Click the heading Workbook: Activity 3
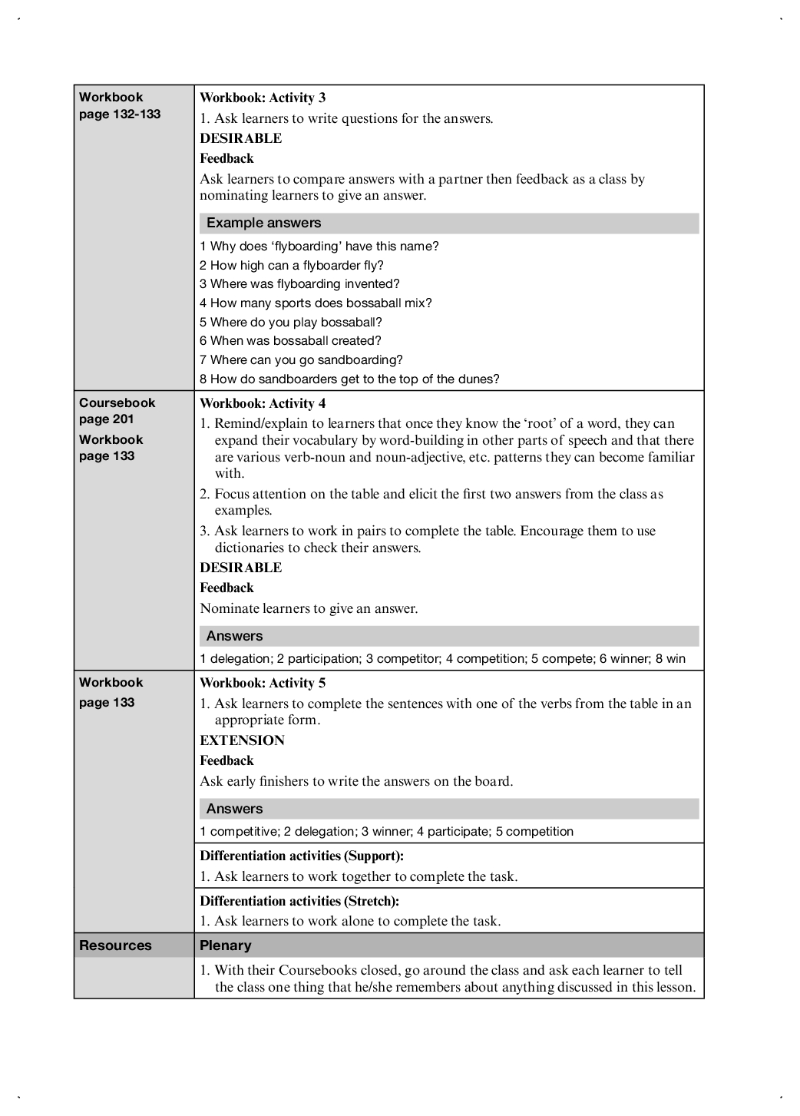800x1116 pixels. [x=263, y=98]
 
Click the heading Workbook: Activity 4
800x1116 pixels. [x=263, y=403]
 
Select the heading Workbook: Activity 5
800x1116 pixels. [x=263, y=683]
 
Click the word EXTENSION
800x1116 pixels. [x=242, y=740]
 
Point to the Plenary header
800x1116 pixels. [x=226, y=945]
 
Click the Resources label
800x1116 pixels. [x=115, y=945]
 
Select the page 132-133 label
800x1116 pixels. [x=120, y=114]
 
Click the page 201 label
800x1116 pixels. [x=106, y=419]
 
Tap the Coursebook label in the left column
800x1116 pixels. [x=117, y=402]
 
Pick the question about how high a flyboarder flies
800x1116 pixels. [x=292, y=265]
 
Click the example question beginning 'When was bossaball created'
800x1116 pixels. [x=290, y=340]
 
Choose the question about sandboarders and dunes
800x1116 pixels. [x=349, y=379]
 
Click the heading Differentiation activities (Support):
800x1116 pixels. [x=302, y=856]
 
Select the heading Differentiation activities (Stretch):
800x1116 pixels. [x=299, y=901]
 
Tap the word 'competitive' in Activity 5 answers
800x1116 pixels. [x=242, y=831]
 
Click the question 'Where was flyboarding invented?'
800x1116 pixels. [x=299, y=283]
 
